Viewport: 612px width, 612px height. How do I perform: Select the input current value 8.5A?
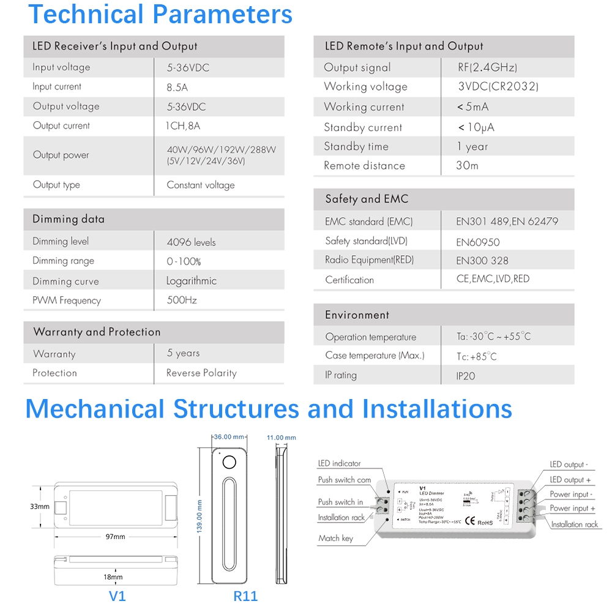tap(177, 87)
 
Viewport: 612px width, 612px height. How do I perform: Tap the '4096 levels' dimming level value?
tap(191, 242)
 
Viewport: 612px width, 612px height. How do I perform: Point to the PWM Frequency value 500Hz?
tap(182, 300)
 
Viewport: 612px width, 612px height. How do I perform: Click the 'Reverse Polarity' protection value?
tap(201, 373)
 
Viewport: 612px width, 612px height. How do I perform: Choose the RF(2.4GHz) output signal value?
tap(487, 67)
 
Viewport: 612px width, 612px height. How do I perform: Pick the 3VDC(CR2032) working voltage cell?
tap(498, 86)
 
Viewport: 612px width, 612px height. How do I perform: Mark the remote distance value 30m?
tap(467, 165)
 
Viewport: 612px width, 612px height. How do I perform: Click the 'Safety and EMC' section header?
tap(367, 199)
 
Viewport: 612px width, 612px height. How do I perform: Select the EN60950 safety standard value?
tap(478, 242)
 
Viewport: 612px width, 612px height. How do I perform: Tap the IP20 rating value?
tap(465, 376)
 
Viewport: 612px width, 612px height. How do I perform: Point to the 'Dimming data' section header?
tap(69, 219)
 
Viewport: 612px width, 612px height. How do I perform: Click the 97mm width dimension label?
tap(115, 537)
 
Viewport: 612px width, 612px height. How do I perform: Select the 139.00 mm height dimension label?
tap(200, 516)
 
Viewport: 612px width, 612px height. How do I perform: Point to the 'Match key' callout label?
tap(335, 538)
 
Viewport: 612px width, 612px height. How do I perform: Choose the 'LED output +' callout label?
tap(570, 480)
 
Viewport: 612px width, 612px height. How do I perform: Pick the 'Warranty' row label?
tap(54, 354)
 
